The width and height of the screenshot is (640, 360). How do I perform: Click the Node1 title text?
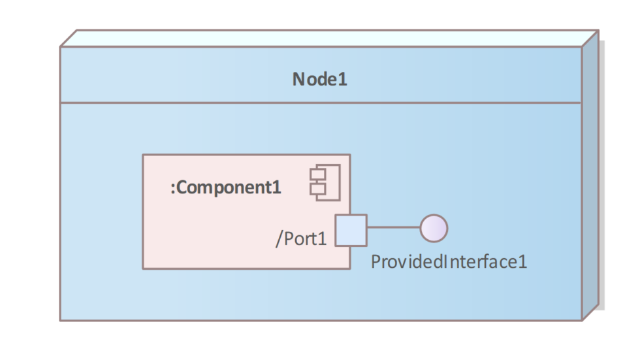319,80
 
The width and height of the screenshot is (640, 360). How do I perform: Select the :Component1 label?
226,188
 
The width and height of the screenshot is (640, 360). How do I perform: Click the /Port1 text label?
300,239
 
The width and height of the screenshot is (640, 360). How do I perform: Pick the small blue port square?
351,230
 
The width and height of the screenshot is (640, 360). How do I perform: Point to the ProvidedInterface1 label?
449,262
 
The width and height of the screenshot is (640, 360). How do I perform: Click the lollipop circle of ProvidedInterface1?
434,229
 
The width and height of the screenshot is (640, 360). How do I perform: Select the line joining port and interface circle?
393,229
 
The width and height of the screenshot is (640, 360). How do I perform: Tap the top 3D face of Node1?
327,38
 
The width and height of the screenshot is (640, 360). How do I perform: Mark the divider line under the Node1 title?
320,103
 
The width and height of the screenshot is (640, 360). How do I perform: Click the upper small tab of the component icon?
314,176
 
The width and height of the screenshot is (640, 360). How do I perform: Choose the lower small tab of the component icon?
314,189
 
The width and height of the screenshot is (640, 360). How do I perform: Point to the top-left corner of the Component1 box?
143,155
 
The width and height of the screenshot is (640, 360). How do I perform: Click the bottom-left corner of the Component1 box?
143,268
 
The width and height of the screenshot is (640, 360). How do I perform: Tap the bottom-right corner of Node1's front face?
581,320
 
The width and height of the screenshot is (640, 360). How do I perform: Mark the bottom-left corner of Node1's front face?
60,320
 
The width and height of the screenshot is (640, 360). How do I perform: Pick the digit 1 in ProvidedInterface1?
522,262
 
